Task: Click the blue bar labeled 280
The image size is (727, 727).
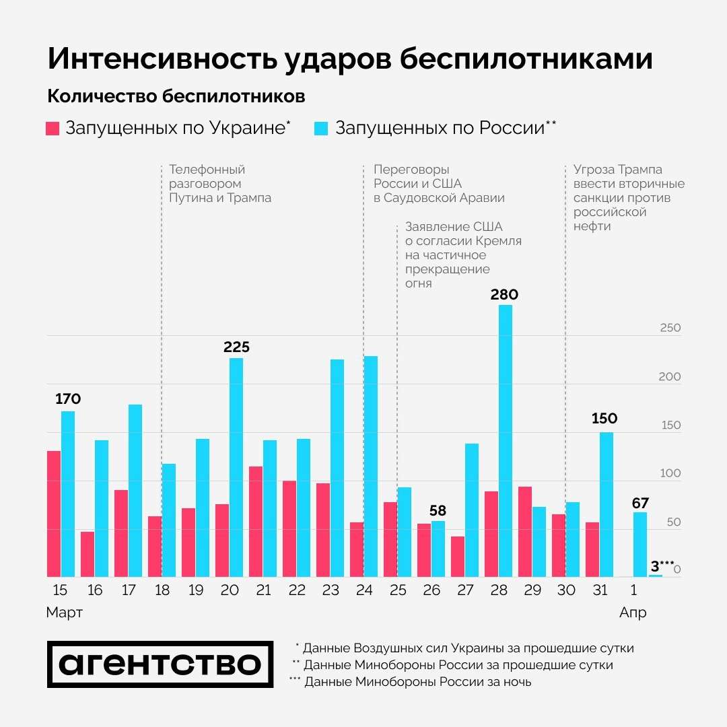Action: click(x=506, y=441)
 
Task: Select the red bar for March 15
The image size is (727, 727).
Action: click(x=54, y=514)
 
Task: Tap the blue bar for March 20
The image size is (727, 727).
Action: click(x=236, y=467)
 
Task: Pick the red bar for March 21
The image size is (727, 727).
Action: click(x=256, y=522)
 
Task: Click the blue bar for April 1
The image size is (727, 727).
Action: click(x=640, y=545)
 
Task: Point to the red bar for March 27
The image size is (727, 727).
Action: click(x=458, y=557)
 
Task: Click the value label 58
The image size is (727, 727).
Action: click(x=438, y=510)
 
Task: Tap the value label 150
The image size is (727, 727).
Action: click(x=604, y=419)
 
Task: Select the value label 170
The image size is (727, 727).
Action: click(x=67, y=399)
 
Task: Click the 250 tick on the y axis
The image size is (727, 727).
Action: click(x=670, y=328)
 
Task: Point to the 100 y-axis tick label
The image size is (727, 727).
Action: click(x=670, y=474)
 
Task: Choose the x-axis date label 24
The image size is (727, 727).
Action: click(x=364, y=591)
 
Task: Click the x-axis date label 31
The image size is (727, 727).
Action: click(x=600, y=591)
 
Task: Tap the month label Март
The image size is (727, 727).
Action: click(x=65, y=613)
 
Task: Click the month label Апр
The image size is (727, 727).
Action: click(x=633, y=613)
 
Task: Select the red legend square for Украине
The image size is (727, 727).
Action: click(x=53, y=129)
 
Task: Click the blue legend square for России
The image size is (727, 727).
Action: click(x=321, y=129)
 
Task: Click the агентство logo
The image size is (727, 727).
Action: click(x=160, y=664)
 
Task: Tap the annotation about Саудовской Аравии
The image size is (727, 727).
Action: click(x=439, y=184)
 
